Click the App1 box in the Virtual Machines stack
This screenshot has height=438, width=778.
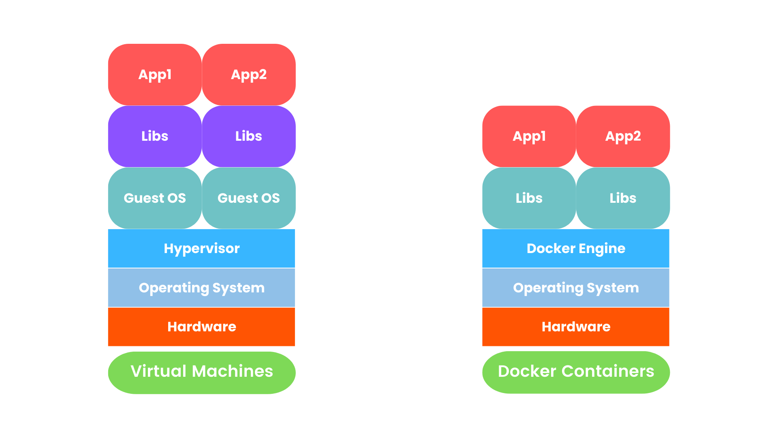tap(155, 75)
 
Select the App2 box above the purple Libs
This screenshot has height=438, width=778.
tap(249, 75)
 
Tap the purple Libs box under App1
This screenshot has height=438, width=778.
tap(155, 136)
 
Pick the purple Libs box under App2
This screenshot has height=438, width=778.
tap(249, 136)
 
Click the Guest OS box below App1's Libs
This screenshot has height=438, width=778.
tap(155, 198)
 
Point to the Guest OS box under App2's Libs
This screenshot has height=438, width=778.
tap(249, 198)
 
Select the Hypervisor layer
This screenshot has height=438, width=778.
tap(201, 248)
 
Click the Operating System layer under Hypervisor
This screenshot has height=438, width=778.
tap(201, 288)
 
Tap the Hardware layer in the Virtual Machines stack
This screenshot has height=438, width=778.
tap(201, 326)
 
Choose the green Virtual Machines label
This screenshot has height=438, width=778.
tap(201, 372)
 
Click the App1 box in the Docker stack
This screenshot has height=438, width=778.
tap(529, 136)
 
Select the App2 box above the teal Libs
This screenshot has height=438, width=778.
tap(623, 136)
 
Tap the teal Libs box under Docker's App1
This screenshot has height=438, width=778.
tap(529, 198)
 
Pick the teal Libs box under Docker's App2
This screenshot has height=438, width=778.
tap(623, 198)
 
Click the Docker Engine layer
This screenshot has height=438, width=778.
tap(575, 248)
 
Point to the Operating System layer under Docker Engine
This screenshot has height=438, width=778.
tap(575, 288)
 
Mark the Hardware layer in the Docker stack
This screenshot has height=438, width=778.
tap(575, 326)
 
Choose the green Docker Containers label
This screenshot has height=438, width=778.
tap(575, 372)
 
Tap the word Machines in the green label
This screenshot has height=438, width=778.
tap(232, 371)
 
